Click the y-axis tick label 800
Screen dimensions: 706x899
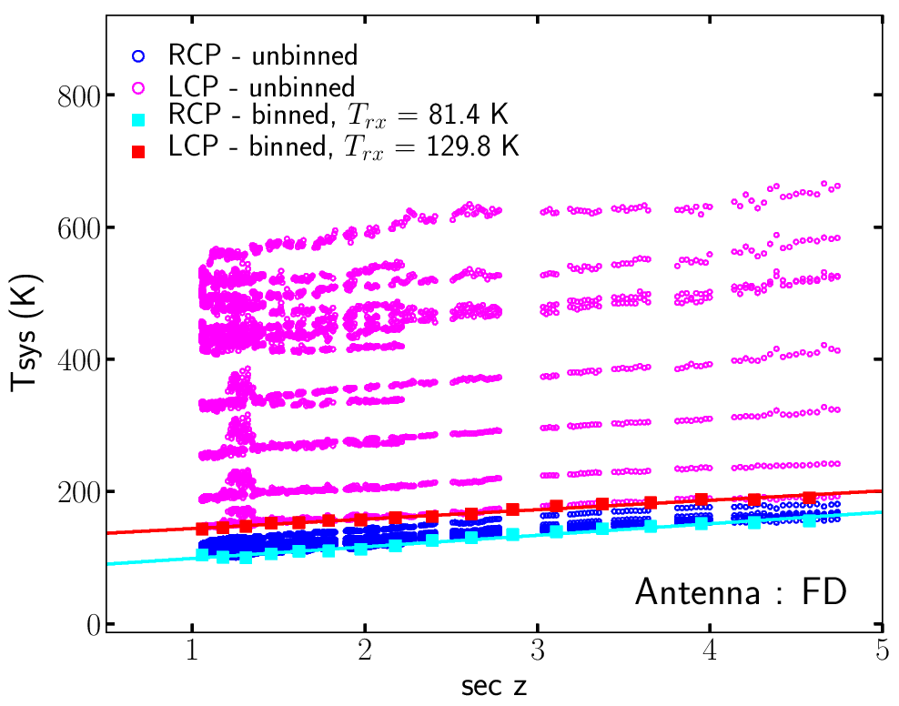point(78,96)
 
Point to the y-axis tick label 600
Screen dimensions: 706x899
point(78,227)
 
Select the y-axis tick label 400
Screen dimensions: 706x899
point(78,360)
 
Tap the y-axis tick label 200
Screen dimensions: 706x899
point(78,492)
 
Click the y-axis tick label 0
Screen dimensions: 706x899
point(92,625)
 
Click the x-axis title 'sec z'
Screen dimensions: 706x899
point(492,687)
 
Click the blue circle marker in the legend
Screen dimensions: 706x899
point(137,56)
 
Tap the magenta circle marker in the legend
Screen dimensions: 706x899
point(137,88)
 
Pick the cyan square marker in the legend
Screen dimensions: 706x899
point(137,118)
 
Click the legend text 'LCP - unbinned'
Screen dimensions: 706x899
point(261,88)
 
